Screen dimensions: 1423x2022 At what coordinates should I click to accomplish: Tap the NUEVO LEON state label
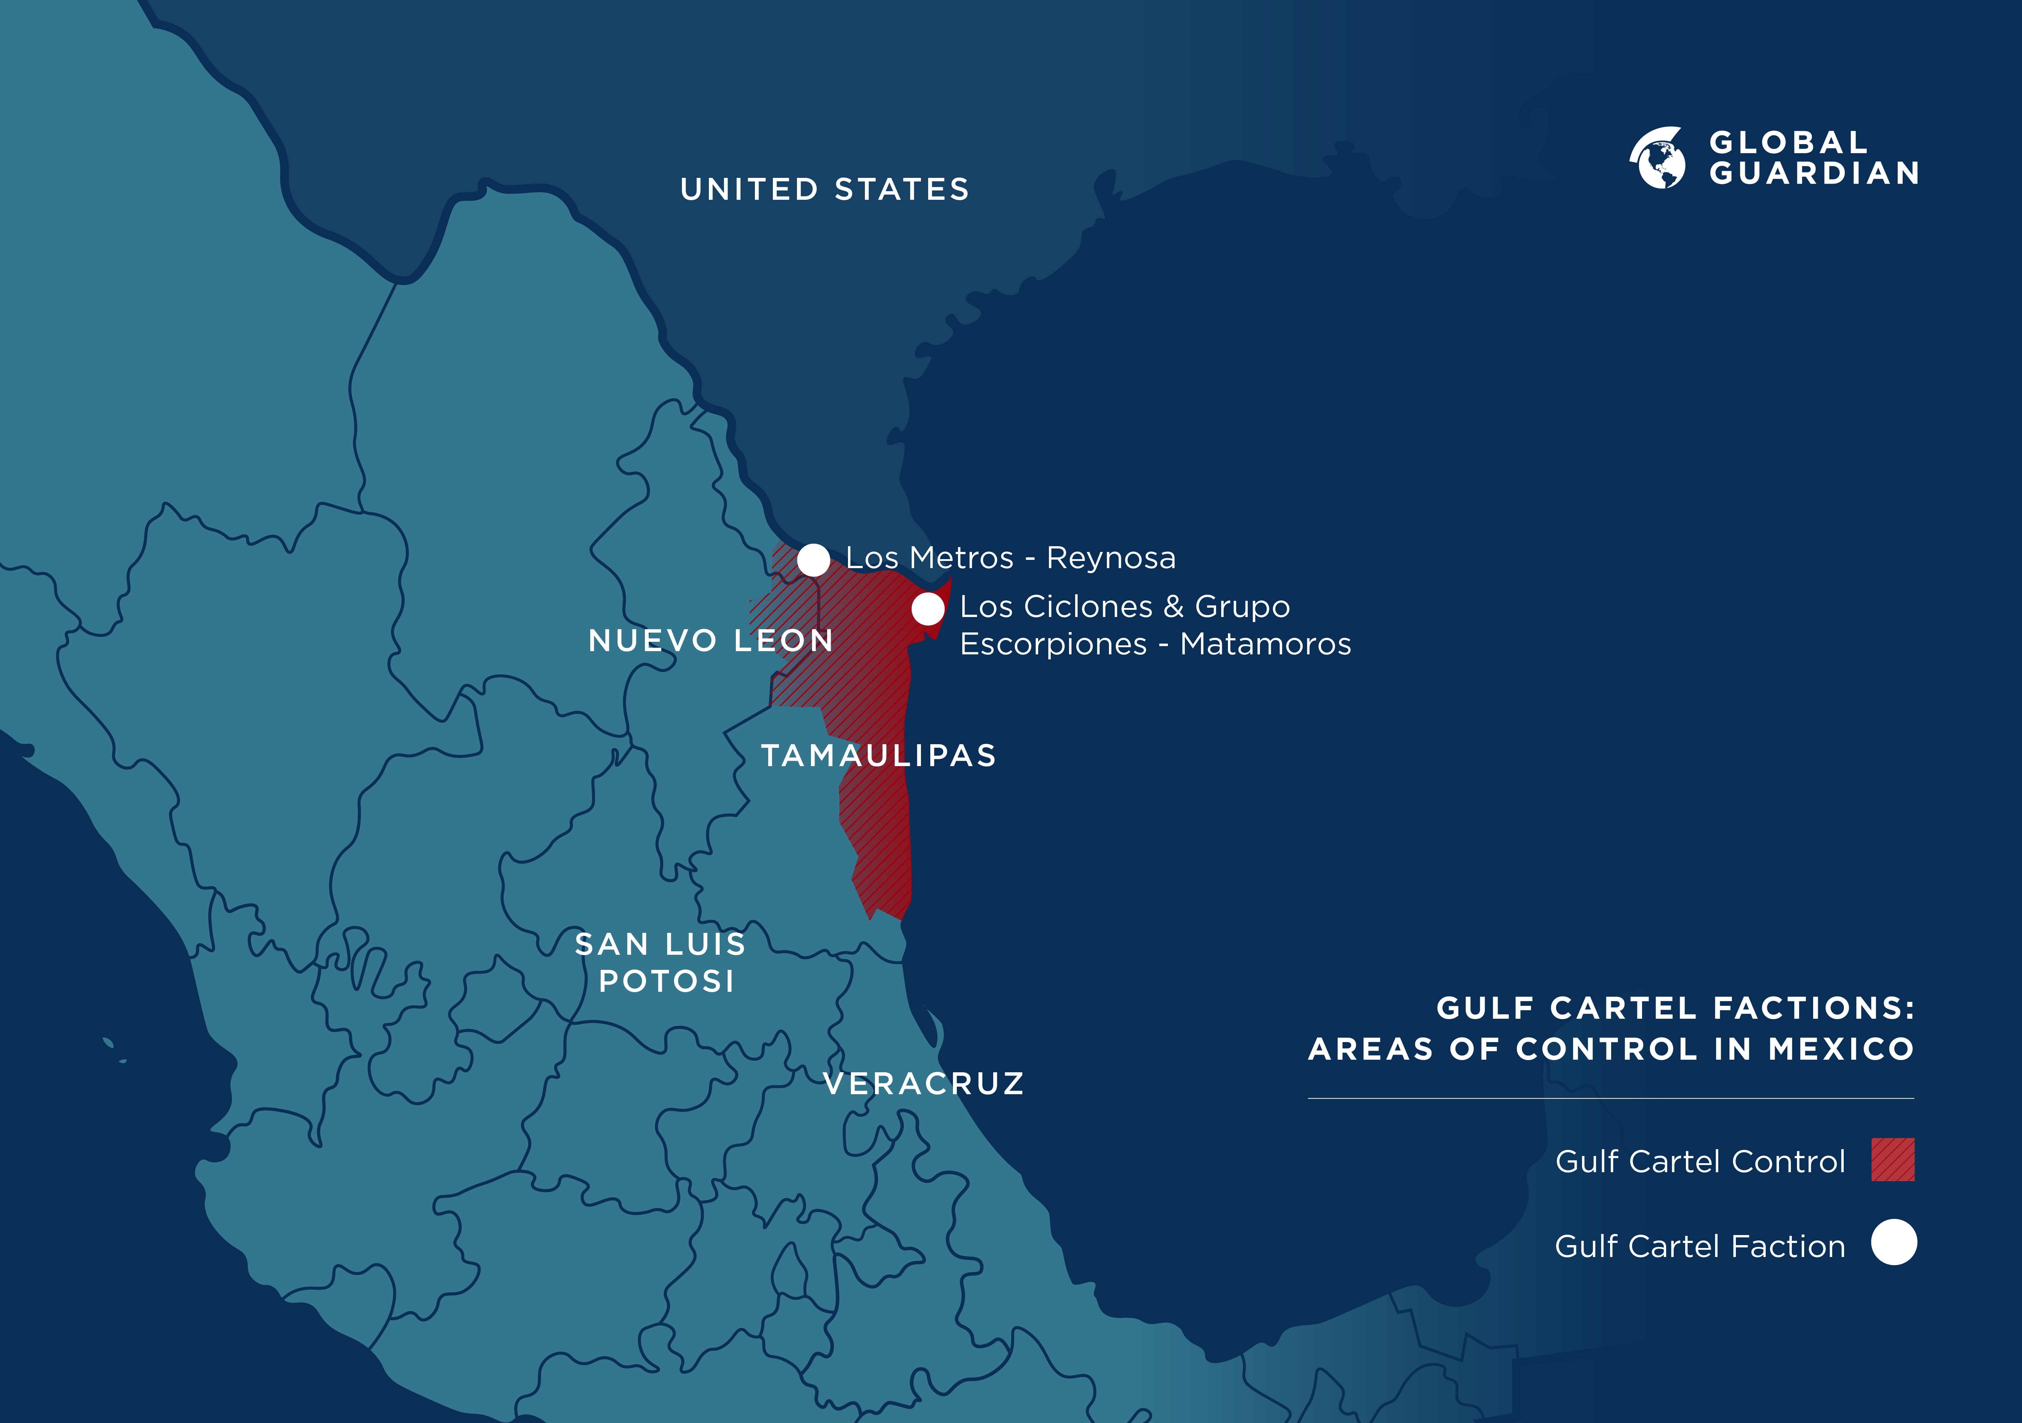point(710,640)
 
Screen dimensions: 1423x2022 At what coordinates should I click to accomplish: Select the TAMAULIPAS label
point(878,756)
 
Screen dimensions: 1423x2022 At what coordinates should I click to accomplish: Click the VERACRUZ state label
point(924,1083)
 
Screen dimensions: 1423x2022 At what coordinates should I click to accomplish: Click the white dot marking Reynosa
point(813,559)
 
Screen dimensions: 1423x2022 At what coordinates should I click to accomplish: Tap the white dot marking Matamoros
point(927,608)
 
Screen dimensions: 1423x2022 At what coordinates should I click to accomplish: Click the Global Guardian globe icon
point(1658,158)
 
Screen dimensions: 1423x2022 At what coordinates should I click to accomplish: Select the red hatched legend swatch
point(1893,1160)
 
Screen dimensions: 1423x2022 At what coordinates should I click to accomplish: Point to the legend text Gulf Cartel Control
point(1700,1161)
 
